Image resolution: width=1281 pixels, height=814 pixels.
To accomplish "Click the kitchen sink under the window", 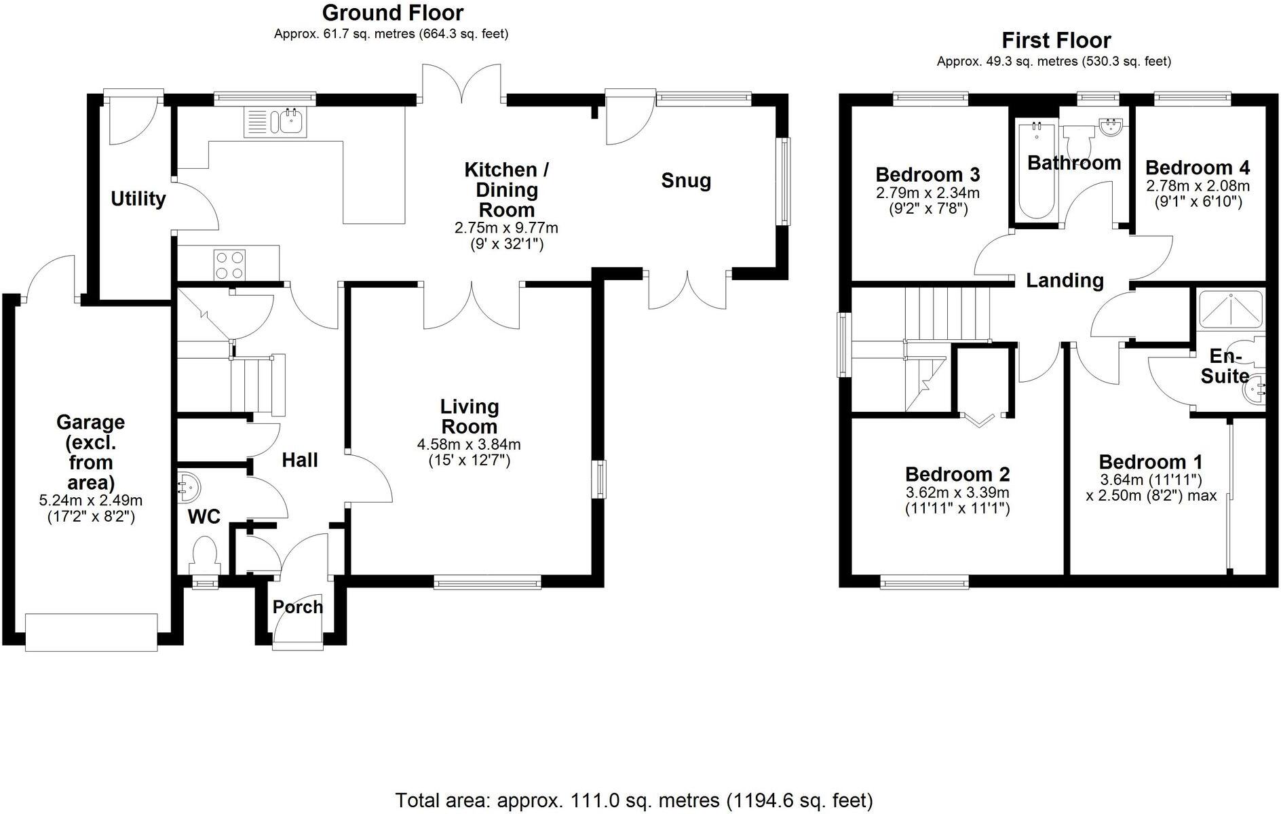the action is (275, 123).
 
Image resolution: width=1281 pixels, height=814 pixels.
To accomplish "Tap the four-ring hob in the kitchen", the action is (230, 265).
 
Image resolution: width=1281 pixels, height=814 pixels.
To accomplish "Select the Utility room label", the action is (138, 199).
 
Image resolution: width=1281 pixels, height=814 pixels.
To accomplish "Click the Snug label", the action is (686, 180).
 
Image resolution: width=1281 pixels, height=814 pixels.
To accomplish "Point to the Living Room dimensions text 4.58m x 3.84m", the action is (469, 445).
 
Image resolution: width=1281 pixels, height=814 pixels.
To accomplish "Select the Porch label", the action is (298, 606).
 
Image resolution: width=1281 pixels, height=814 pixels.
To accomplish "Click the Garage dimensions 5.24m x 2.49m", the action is (91, 501).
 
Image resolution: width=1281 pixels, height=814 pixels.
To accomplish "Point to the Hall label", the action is (300, 460).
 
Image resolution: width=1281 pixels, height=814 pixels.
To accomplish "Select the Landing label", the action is (1065, 280).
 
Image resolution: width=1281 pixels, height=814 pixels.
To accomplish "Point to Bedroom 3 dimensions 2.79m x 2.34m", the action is (928, 193).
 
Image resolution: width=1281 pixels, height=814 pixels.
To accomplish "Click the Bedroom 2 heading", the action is (957, 473).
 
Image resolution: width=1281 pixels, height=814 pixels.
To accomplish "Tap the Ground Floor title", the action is (392, 13).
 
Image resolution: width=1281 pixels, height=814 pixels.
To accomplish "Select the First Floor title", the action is (1056, 41).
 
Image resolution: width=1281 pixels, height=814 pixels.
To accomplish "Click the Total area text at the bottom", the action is (634, 800).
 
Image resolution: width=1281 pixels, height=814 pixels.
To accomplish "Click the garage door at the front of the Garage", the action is (91, 632).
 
